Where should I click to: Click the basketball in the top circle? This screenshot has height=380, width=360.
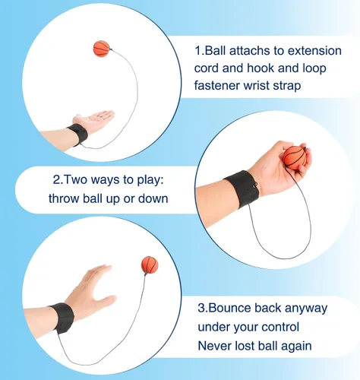(102, 49)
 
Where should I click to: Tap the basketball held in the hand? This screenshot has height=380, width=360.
(295, 157)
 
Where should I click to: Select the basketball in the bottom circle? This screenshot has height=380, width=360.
(150, 264)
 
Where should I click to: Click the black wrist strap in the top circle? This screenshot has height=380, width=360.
(78, 135)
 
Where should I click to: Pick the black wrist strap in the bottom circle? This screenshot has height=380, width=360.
(62, 318)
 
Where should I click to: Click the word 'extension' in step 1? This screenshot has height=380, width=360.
(314, 51)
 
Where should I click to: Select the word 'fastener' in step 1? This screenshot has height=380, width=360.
(216, 85)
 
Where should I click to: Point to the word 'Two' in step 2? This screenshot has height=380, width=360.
(74, 180)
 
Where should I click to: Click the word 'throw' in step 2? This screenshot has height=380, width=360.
(64, 198)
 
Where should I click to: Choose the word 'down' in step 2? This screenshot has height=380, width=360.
(153, 198)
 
